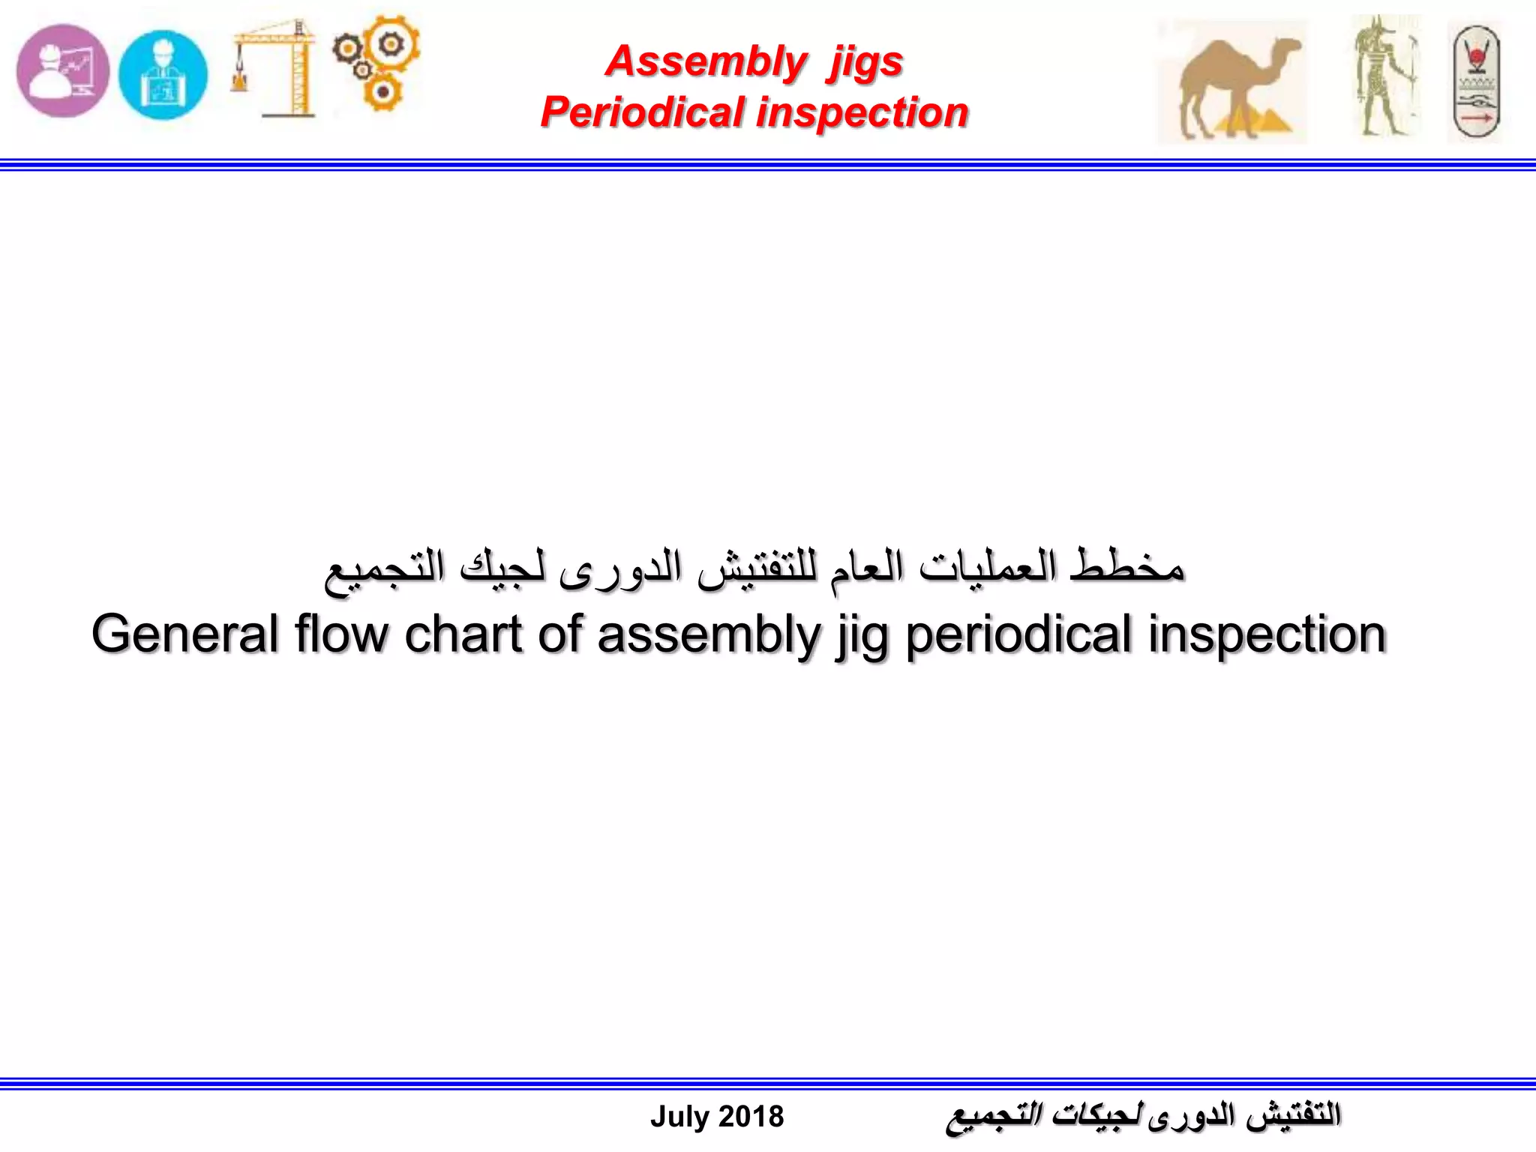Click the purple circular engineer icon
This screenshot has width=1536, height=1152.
[x=63, y=71]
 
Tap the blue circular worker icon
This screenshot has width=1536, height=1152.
[x=163, y=74]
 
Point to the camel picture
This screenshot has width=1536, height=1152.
[x=1231, y=81]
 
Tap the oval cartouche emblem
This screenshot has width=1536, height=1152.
[x=1474, y=82]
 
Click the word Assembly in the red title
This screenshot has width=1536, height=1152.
[x=706, y=61]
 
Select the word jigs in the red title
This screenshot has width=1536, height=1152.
[x=865, y=62]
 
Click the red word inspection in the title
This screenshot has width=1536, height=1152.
[x=862, y=112]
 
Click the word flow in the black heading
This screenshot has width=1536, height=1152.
[x=341, y=634]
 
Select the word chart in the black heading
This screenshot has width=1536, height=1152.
[x=463, y=634]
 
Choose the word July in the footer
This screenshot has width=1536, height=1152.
[x=679, y=1117]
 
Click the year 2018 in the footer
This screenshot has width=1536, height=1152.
[x=751, y=1117]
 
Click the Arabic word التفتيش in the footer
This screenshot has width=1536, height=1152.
[x=1293, y=1114]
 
